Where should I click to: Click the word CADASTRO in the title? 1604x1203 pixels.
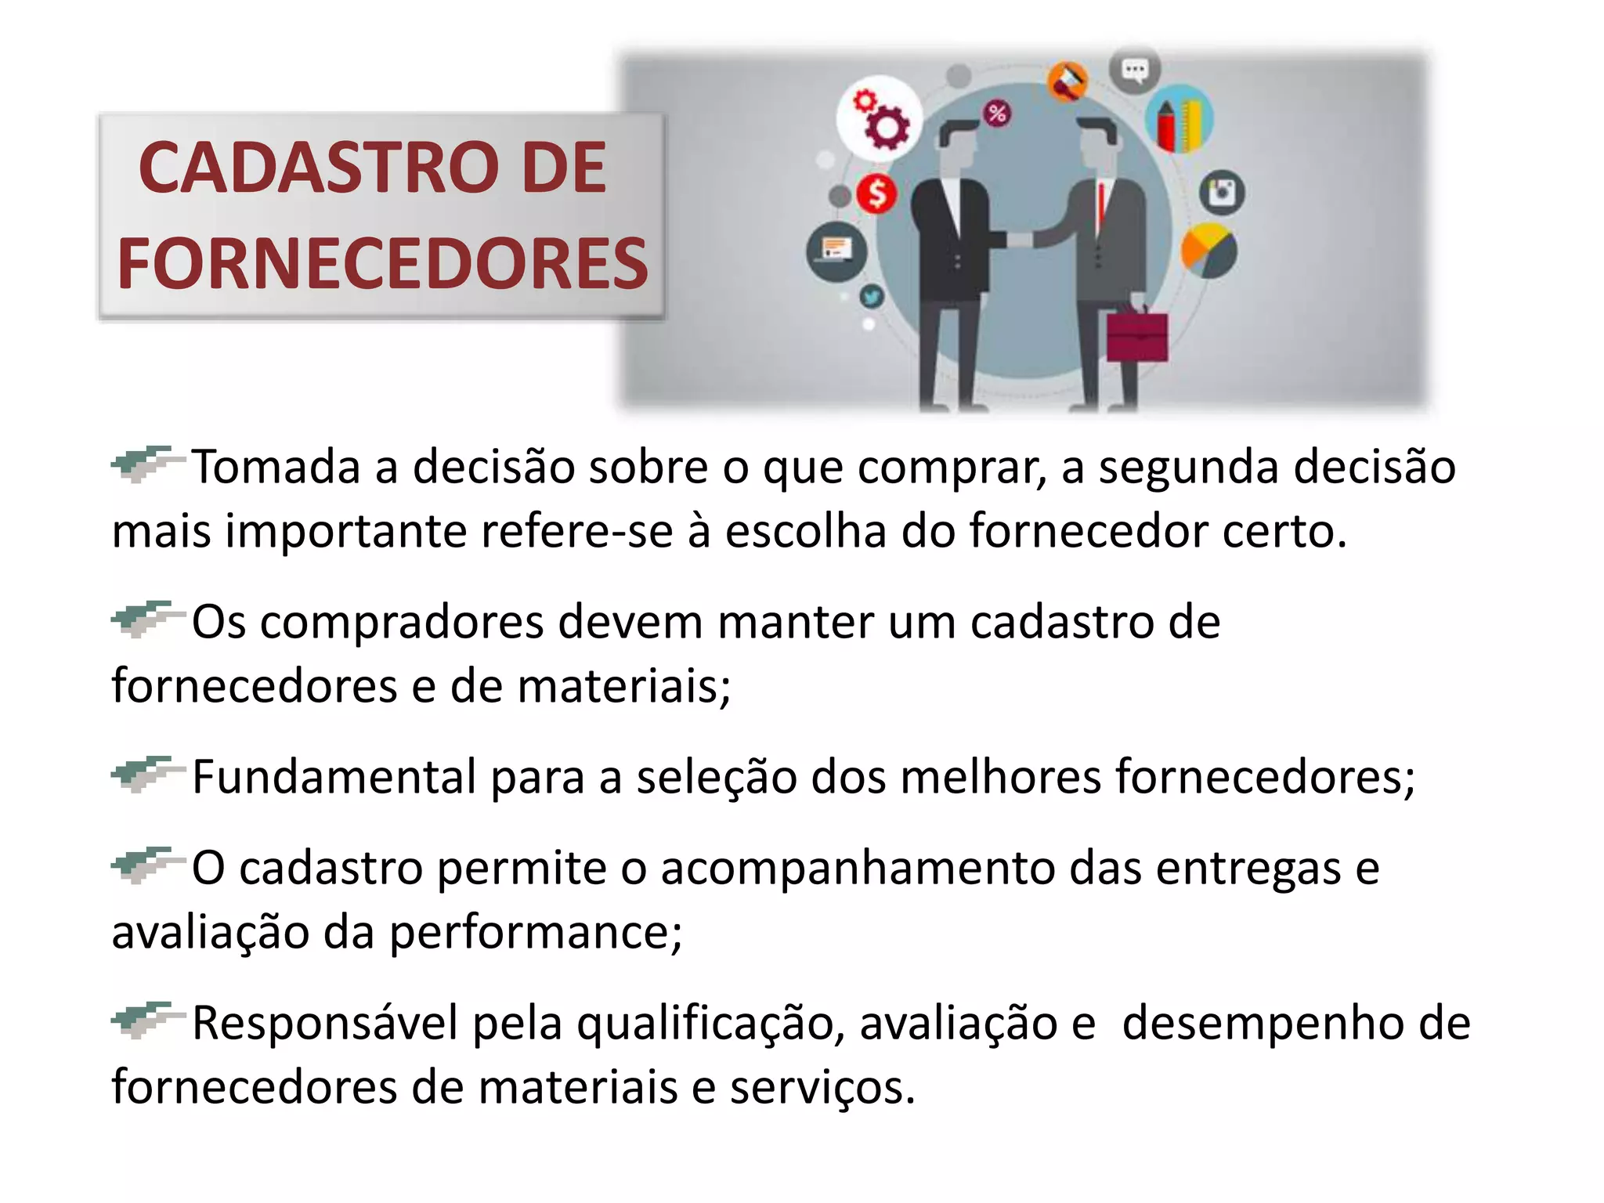[x=319, y=168]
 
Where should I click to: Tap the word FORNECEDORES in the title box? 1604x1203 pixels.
[x=382, y=264]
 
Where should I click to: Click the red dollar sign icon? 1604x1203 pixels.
[x=876, y=193]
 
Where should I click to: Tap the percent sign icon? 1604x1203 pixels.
[x=996, y=114]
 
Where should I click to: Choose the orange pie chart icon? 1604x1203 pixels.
[x=1208, y=250]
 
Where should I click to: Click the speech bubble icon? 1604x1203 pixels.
[x=1134, y=70]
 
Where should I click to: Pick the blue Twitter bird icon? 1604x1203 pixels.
[x=872, y=296]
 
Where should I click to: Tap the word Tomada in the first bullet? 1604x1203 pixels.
[x=276, y=467]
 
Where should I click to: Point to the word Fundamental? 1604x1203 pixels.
[x=334, y=777]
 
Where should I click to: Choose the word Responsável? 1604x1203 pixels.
[x=325, y=1024]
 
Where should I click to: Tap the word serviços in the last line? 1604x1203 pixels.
[x=822, y=1088]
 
